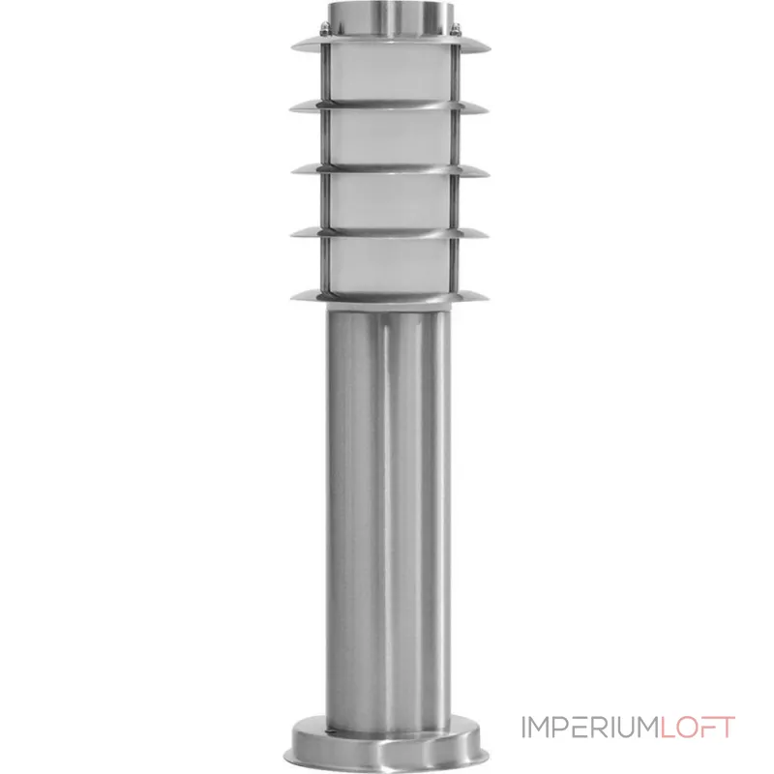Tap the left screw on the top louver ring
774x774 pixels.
click(x=324, y=30)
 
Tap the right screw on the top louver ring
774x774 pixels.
click(x=455, y=30)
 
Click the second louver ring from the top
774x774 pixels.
click(x=390, y=107)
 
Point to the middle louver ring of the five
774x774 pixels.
click(x=390, y=170)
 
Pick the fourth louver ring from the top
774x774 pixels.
click(x=390, y=233)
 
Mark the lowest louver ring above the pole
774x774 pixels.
click(x=390, y=296)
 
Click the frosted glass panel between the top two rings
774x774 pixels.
click(x=390, y=75)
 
